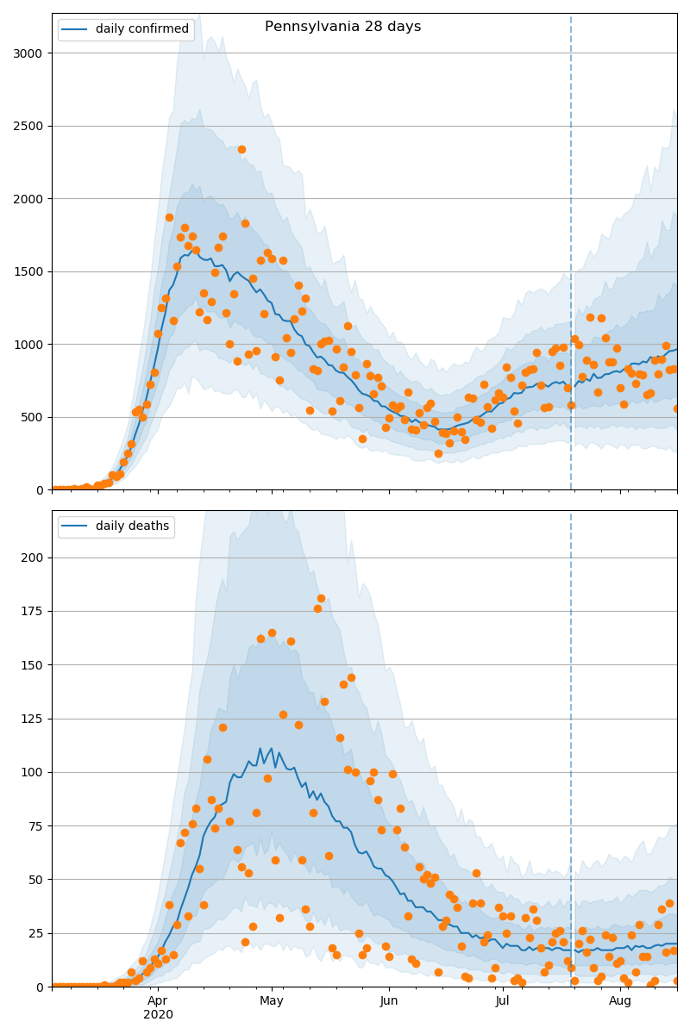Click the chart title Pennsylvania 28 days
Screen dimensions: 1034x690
[342, 27]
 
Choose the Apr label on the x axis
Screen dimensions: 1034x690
[158, 1001]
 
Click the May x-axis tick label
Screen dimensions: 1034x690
[272, 1001]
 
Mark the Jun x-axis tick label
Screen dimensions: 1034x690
[389, 1001]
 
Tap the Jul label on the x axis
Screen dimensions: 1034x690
[503, 1001]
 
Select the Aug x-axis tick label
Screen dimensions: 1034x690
[620, 1001]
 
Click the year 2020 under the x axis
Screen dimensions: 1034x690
[158, 1015]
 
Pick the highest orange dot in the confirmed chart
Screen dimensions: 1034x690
[241, 149]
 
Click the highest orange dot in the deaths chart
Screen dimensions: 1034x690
[321, 598]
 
